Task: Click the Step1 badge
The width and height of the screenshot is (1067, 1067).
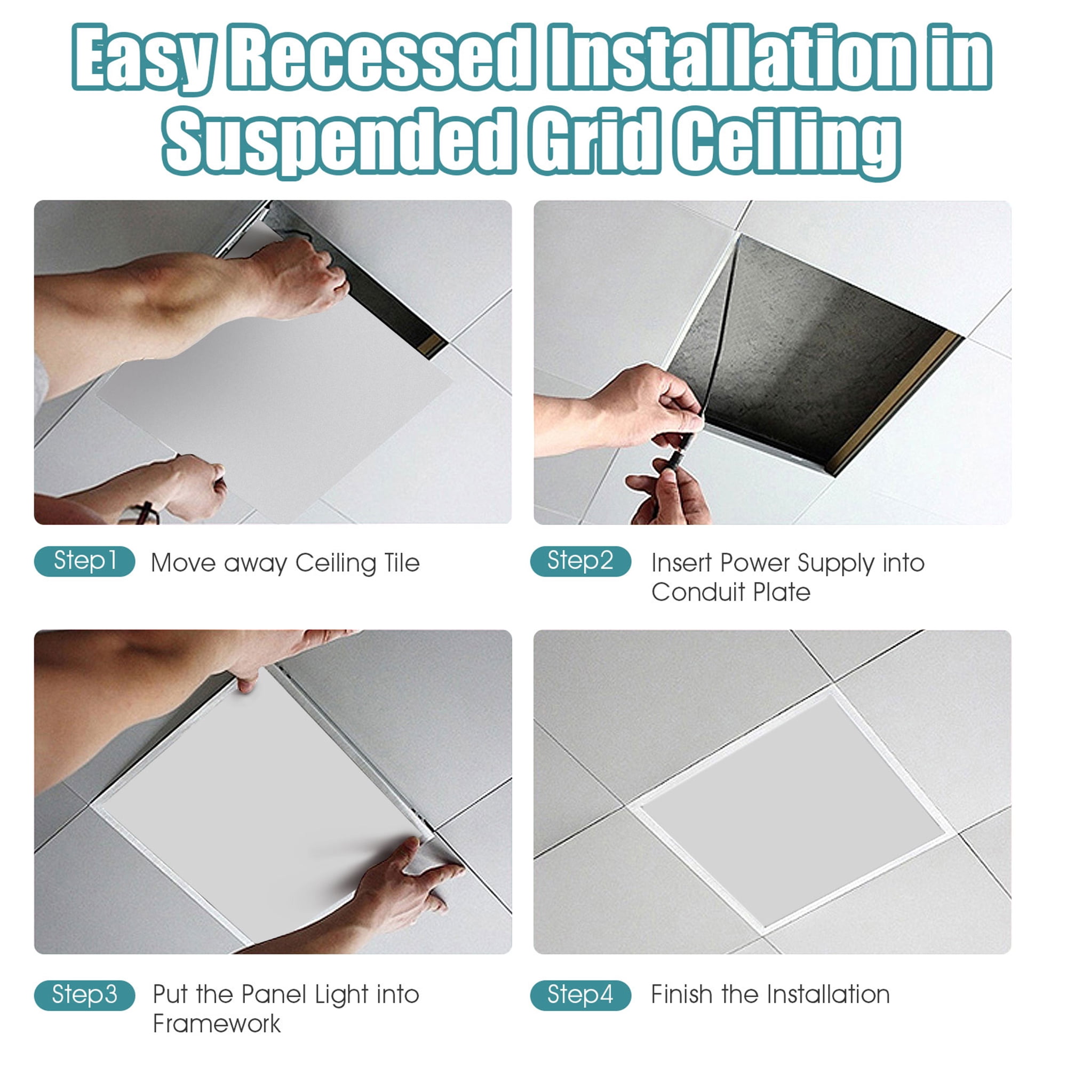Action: [x=84, y=561]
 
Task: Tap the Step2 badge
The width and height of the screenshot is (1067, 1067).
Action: [x=580, y=561]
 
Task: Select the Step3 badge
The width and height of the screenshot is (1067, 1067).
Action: [x=84, y=994]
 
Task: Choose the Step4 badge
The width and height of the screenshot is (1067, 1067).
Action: [x=580, y=994]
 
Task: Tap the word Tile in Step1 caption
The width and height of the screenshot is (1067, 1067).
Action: [x=402, y=563]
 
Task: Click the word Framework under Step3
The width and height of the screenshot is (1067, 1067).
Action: [x=217, y=1024]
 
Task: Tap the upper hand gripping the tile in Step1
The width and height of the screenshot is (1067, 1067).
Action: [x=301, y=279]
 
